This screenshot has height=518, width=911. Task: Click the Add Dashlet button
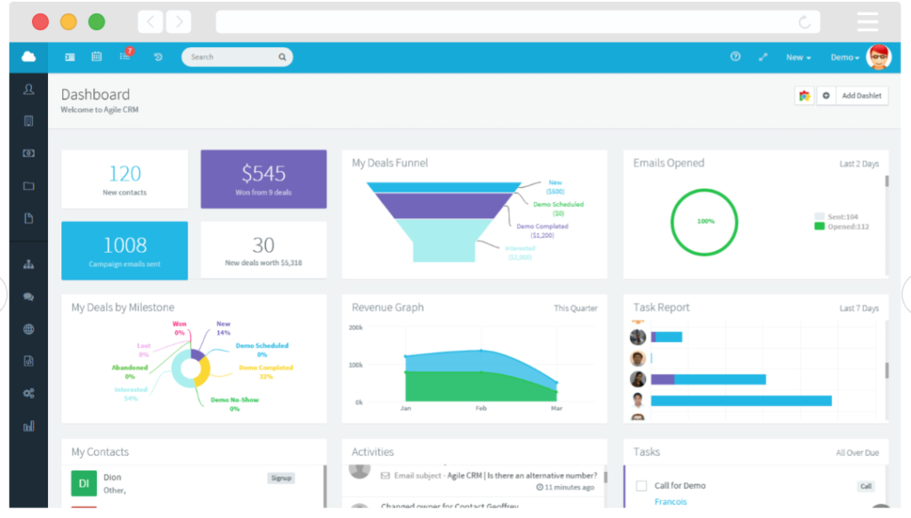pos(859,96)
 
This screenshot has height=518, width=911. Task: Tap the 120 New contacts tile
pos(125,179)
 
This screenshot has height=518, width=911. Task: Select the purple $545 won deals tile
pos(263,179)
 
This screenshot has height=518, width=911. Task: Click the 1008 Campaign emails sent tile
pos(125,251)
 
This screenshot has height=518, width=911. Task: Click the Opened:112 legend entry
pos(846,227)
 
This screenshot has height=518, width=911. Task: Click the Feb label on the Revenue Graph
pos(481,409)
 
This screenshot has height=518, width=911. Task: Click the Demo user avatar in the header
pos(878,57)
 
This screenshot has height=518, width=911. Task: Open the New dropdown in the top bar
pos(798,58)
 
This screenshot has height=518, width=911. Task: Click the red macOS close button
pos(40,22)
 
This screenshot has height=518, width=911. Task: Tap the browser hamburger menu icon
pos(867,22)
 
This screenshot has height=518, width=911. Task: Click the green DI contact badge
pos(84,483)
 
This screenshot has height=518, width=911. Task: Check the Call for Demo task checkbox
pos(641,486)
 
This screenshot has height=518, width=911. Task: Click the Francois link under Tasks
pos(671,502)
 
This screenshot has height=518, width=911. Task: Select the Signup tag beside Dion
pos(281,478)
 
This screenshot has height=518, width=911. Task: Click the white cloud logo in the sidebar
pos(28,57)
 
